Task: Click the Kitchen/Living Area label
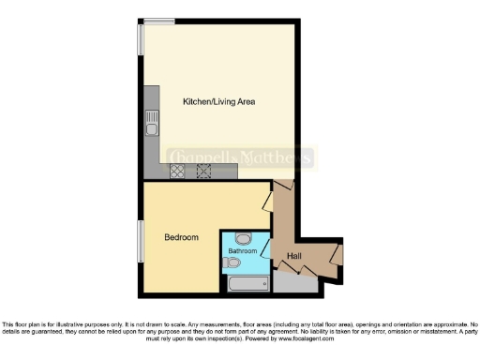(x=219, y=100)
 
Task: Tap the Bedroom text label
(x=181, y=237)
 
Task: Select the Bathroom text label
(x=242, y=251)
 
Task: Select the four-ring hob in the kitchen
(x=176, y=171)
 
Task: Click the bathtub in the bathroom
(x=246, y=281)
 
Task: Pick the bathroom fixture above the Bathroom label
(x=243, y=238)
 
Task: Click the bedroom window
(x=141, y=244)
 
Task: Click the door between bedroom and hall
(x=266, y=199)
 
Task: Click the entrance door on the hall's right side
(x=336, y=255)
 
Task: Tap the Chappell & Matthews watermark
(x=240, y=157)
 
